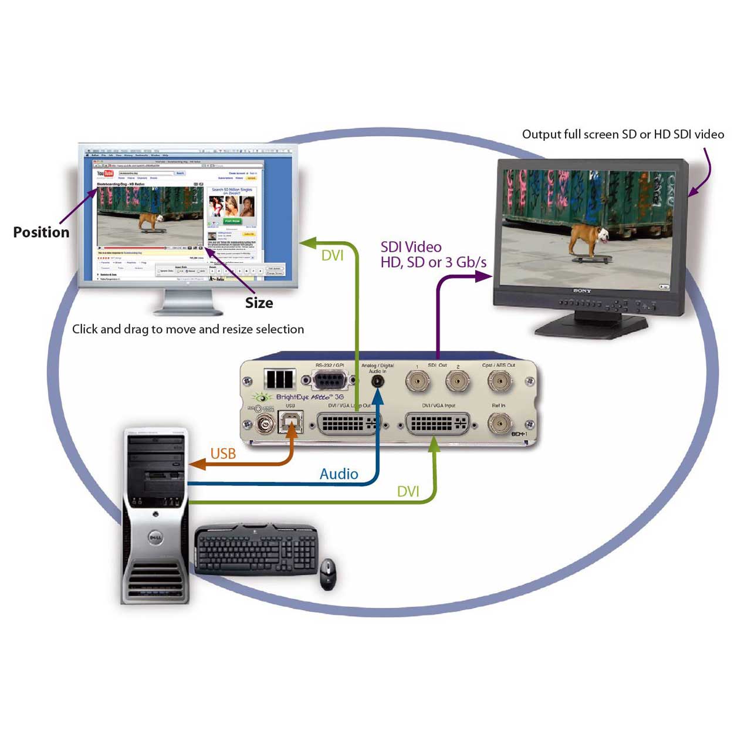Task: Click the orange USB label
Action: (223, 454)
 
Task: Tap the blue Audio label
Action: (339, 474)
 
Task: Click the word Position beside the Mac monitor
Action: (41, 232)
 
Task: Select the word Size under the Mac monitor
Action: (259, 303)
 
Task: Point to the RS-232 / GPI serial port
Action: (330, 380)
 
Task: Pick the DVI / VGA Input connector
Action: (437, 423)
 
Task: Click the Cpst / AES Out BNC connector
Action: (499, 381)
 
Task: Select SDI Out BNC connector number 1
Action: (417, 382)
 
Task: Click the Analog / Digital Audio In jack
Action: (378, 381)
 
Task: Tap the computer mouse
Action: (328, 574)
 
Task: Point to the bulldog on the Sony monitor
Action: (588, 237)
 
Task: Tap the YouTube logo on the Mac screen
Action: (105, 174)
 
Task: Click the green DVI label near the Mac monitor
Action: (332, 255)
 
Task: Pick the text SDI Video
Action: (411, 247)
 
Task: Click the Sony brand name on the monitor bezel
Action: (581, 291)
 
